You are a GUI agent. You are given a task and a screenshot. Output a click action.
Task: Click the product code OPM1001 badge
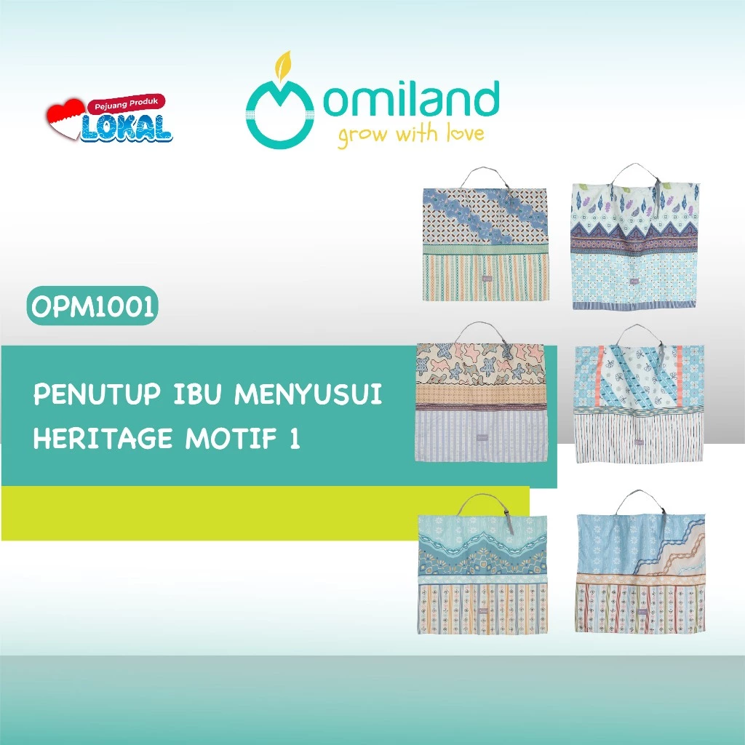point(92,306)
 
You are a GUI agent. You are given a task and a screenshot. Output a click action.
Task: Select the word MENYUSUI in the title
point(308,394)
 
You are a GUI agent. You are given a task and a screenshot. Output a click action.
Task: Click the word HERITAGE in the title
point(103,438)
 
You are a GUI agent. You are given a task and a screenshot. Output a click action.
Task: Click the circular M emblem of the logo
point(280,114)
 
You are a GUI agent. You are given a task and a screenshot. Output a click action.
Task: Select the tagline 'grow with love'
point(411,135)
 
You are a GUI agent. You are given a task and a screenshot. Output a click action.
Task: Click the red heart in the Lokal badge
point(65,119)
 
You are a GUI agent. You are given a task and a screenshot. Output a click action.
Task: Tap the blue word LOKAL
point(127,127)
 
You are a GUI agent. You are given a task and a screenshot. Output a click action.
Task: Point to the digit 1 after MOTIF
point(295,438)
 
